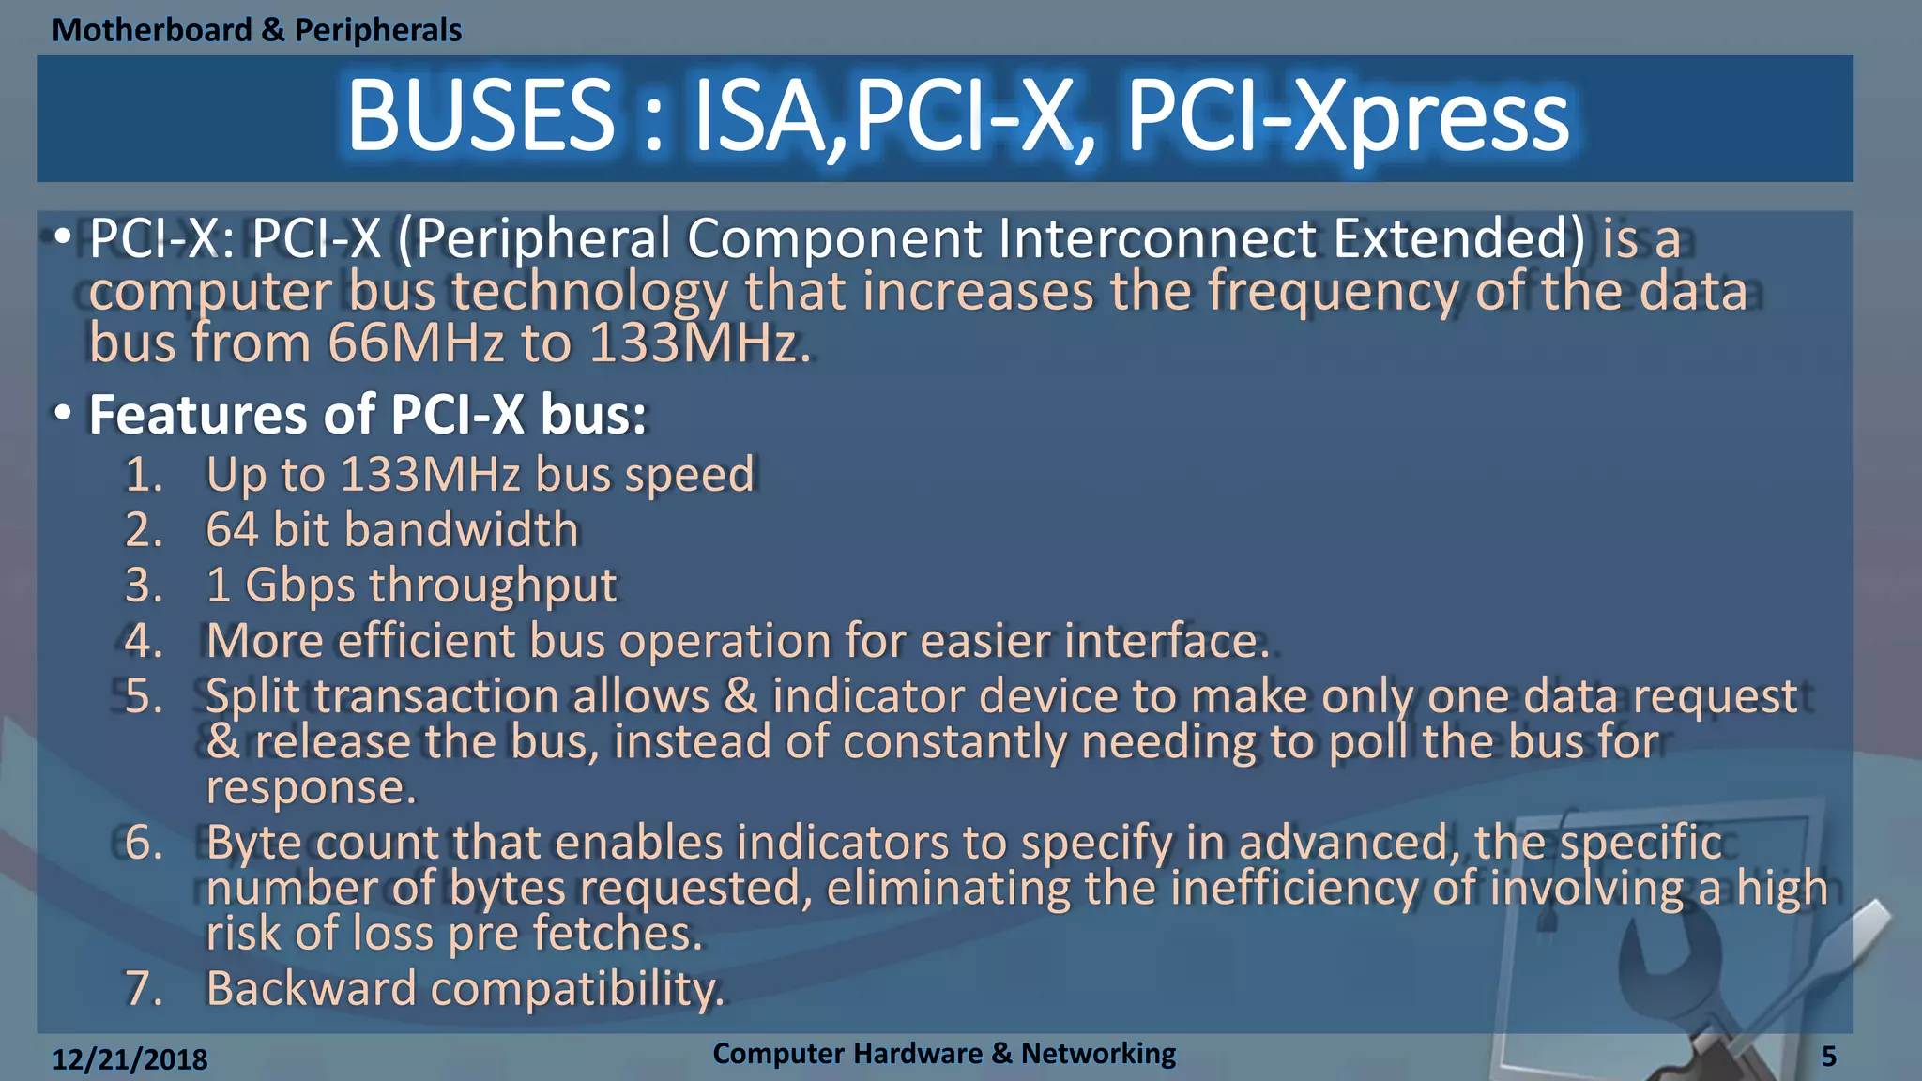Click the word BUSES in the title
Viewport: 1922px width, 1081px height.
point(480,116)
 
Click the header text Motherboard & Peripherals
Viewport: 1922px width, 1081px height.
point(256,30)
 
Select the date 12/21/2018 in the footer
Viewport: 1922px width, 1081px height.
point(130,1059)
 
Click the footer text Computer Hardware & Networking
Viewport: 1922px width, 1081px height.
point(943,1054)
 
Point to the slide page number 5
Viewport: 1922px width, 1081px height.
point(1828,1057)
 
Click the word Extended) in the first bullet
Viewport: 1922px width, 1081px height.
point(1458,238)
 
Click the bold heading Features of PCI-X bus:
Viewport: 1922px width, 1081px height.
point(367,415)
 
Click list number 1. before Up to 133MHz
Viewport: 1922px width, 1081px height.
point(144,475)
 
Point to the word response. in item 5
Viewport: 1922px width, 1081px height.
point(311,787)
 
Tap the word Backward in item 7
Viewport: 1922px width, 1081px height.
point(310,989)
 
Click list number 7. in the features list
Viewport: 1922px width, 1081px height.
point(144,989)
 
